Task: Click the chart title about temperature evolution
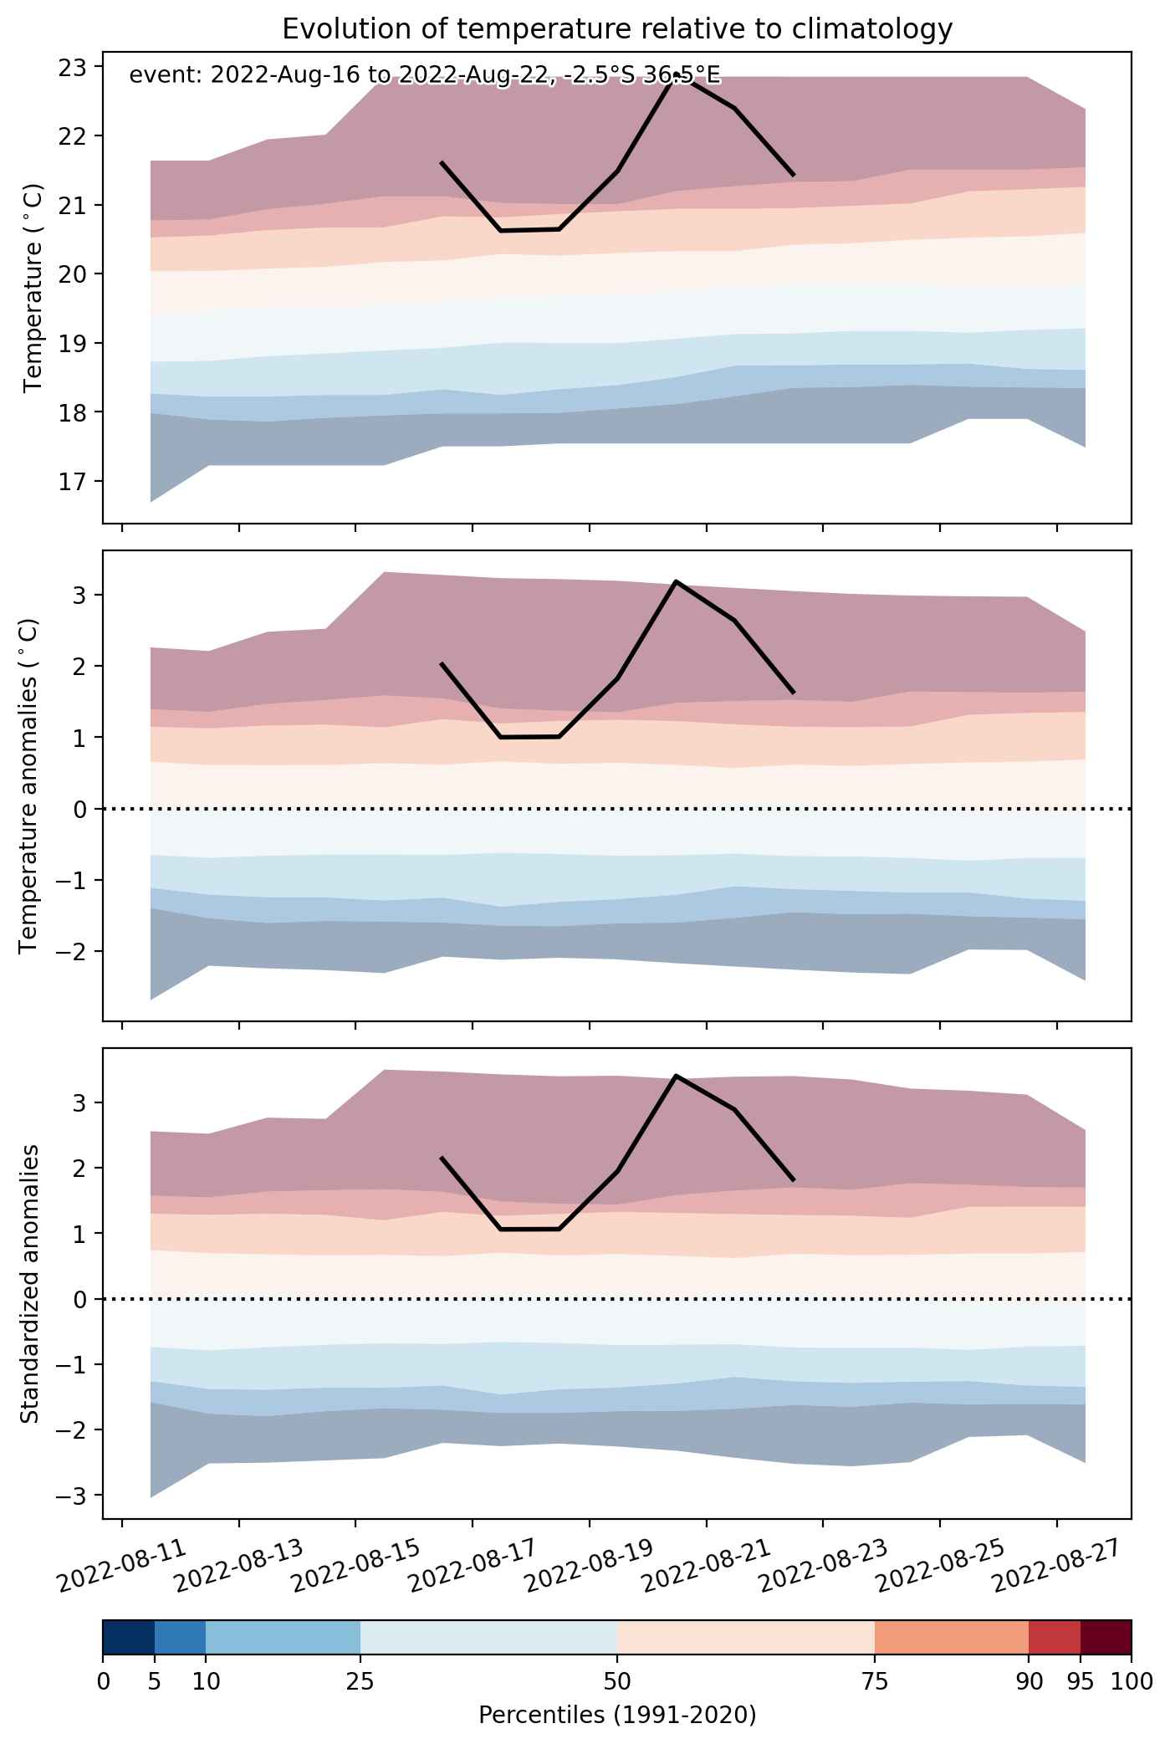tap(617, 29)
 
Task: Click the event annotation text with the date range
tap(424, 76)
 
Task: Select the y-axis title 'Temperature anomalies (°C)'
tap(29, 785)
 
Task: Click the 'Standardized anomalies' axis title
tap(29, 1283)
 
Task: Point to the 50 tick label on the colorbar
tap(617, 1681)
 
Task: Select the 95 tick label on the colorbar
tap(1081, 1681)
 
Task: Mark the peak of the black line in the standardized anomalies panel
tap(676, 1076)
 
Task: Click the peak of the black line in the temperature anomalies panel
tap(676, 581)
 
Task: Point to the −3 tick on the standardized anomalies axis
tap(81, 1495)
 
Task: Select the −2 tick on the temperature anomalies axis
tap(81, 951)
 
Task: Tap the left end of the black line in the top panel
tap(442, 162)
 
